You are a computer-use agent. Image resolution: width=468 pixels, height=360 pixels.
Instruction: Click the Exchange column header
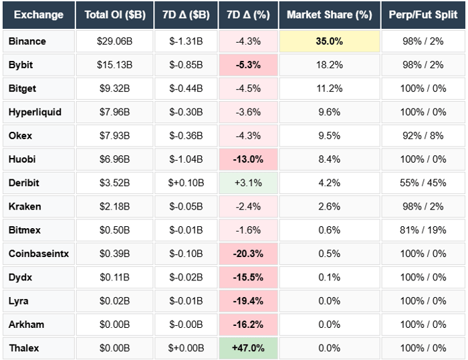coord(38,15)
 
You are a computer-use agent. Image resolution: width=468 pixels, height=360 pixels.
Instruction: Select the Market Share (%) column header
coord(329,15)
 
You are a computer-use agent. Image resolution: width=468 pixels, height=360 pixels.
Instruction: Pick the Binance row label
coord(27,41)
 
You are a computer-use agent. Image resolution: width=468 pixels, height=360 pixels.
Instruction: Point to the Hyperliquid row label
coord(35,112)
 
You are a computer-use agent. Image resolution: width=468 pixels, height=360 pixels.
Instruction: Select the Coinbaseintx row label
coord(37,254)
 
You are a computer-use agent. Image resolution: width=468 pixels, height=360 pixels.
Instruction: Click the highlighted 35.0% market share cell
coord(329,41)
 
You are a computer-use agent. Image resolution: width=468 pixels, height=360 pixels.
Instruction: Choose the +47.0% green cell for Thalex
coord(248,348)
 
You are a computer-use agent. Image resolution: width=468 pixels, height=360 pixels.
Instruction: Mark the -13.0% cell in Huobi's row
coord(248,159)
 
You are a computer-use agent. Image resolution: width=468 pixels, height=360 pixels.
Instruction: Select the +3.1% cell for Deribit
coord(248,183)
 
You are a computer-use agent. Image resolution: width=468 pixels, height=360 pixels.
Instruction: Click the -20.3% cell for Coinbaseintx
coord(248,254)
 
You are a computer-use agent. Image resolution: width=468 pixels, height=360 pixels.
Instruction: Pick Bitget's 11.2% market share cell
coord(329,88)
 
